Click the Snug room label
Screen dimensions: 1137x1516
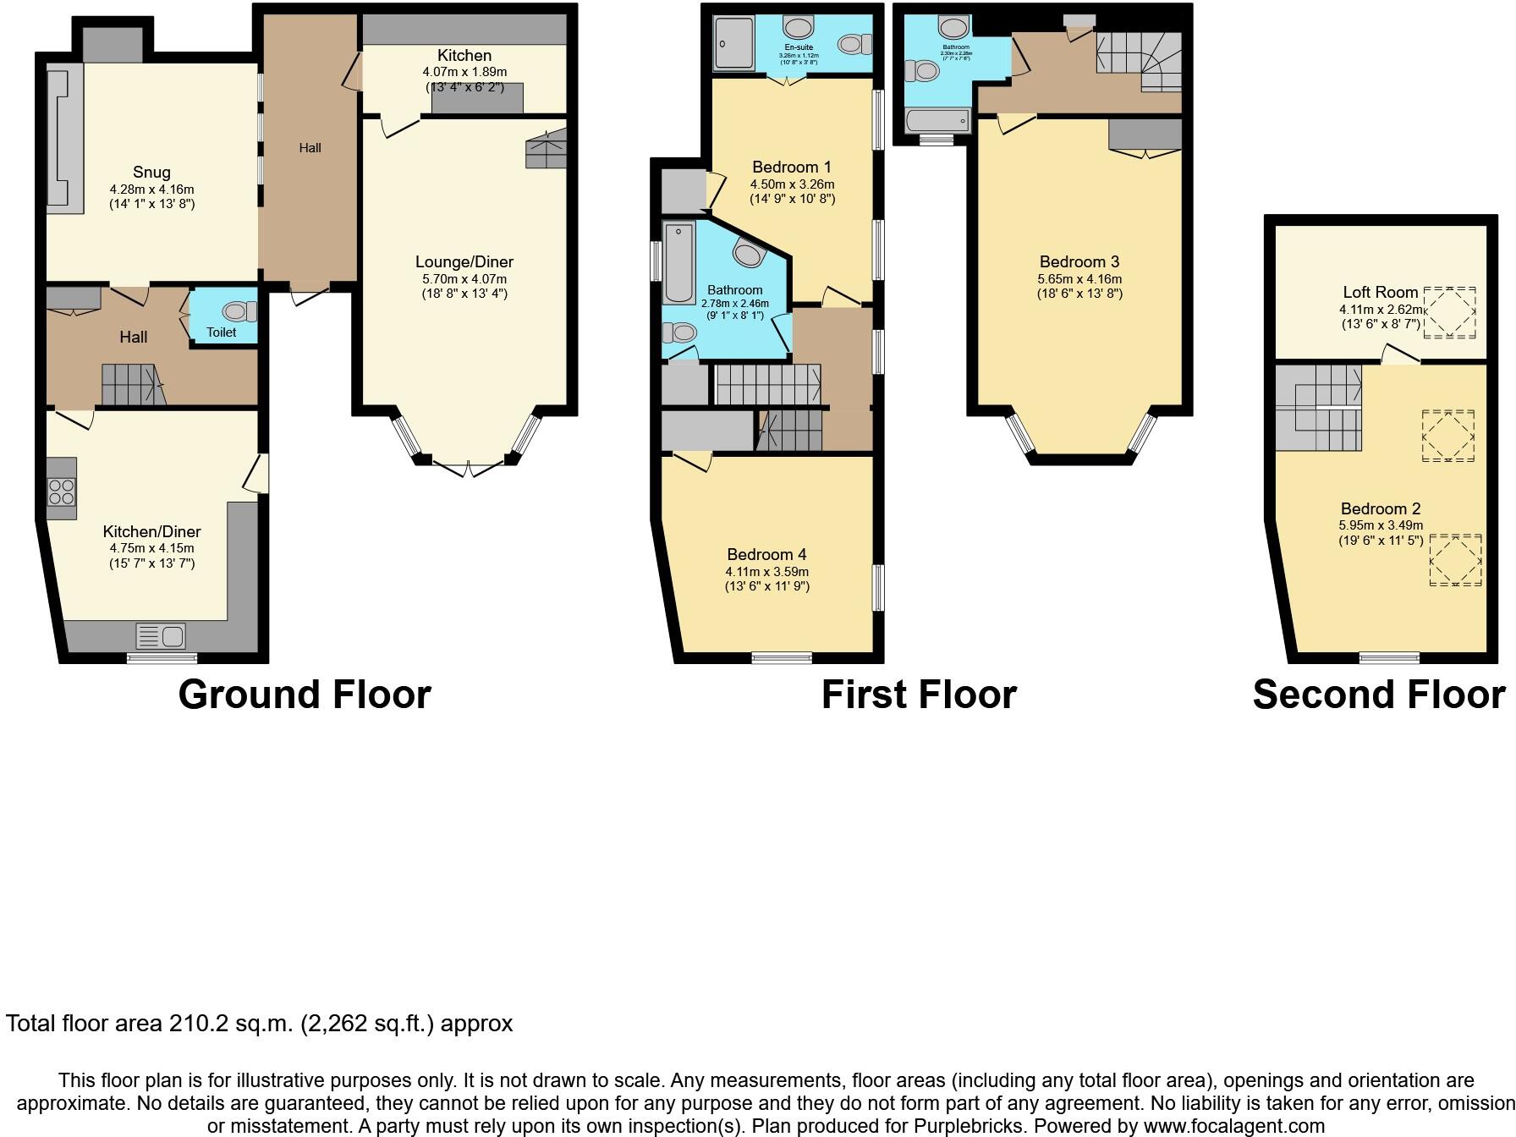click(151, 173)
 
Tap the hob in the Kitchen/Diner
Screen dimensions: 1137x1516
click(61, 491)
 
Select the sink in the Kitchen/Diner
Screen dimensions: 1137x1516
click(161, 635)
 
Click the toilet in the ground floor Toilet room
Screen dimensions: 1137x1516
click(239, 311)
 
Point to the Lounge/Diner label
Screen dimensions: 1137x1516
click(464, 262)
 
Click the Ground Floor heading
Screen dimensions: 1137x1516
click(305, 695)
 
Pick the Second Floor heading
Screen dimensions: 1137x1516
click(1378, 695)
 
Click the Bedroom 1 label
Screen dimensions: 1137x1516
click(786, 168)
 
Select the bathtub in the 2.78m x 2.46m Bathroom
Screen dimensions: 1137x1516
click(678, 262)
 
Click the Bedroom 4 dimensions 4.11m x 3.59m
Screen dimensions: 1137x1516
click(766, 572)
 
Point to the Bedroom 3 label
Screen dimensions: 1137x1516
click(1079, 262)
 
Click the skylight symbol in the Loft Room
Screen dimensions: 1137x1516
click(1449, 313)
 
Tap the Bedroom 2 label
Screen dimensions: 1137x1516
click(1381, 509)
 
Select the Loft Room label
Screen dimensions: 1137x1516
click(1380, 293)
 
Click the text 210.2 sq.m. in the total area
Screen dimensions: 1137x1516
click(231, 1024)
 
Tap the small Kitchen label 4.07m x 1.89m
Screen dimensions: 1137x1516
click(465, 72)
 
